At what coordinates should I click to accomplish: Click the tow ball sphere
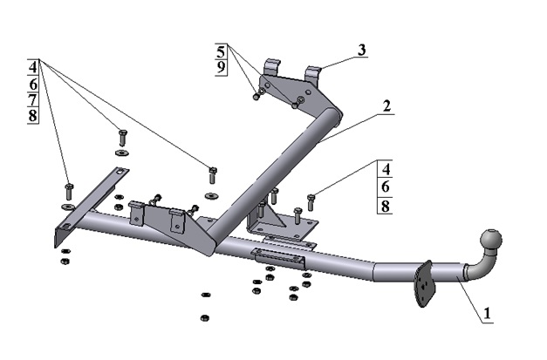coord(490,241)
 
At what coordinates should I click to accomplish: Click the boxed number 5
coord(221,51)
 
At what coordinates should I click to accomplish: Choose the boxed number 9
coord(221,66)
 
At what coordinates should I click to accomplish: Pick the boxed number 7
coord(33,101)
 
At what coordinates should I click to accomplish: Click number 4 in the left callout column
coord(33,67)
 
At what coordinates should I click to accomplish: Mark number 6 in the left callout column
coord(33,85)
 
